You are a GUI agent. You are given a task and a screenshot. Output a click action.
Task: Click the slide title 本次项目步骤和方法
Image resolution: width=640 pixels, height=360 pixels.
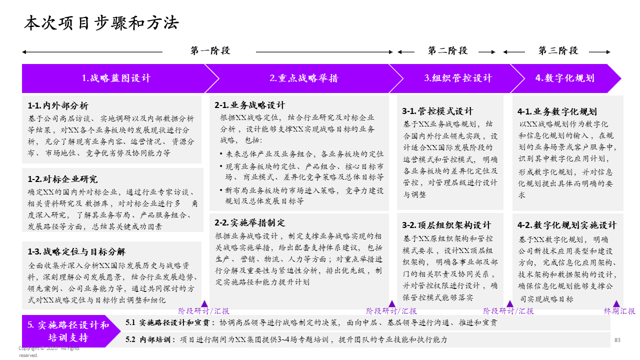(x=101, y=23)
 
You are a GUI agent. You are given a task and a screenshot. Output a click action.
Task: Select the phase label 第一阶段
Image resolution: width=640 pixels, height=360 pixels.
(x=210, y=50)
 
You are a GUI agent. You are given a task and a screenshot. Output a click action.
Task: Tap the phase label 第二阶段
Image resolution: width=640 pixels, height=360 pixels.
(x=447, y=50)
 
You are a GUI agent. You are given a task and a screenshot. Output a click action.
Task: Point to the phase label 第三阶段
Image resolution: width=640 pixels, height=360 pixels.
(x=558, y=50)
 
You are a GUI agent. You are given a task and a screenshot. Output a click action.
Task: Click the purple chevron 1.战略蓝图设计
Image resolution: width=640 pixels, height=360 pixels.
(x=116, y=78)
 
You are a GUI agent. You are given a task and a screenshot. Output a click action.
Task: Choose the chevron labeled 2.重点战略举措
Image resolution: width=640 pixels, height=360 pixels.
(x=303, y=78)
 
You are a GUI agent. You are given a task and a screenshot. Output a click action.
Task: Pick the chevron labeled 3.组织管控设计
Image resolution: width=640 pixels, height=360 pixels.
(x=457, y=78)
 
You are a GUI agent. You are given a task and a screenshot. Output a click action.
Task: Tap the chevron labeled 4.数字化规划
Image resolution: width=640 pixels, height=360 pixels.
(x=565, y=78)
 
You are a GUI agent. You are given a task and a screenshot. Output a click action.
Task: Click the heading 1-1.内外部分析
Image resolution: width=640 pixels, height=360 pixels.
(x=58, y=106)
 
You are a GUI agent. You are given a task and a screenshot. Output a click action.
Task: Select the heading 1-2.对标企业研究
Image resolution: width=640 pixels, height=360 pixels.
(x=63, y=179)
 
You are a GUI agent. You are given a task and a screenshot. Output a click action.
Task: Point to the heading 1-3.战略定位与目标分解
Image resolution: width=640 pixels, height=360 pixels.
(x=76, y=251)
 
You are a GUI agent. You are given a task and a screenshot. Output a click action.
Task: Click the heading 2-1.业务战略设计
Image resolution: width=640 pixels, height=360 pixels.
(x=250, y=105)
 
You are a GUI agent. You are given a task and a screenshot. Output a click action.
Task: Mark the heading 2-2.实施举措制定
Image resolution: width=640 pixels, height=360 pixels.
(x=250, y=223)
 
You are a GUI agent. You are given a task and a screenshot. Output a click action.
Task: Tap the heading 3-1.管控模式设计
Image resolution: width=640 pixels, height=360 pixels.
(x=437, y=111)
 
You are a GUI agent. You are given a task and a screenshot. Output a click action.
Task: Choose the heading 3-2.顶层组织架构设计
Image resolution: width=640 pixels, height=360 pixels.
(x=446, y=225)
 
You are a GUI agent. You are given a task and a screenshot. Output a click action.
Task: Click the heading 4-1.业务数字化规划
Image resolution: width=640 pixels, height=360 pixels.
(x=557, y=111)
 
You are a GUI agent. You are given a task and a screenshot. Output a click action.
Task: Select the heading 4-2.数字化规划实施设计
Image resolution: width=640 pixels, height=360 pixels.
(x=567, y=225)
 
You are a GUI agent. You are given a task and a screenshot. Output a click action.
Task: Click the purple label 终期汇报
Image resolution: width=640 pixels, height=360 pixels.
(x=619, y=311)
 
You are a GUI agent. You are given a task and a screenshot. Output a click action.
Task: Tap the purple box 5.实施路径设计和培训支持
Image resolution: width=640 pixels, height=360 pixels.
(x=68, y=331)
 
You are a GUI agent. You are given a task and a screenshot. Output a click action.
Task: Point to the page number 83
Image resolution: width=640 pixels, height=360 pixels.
(x=617, y=340)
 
